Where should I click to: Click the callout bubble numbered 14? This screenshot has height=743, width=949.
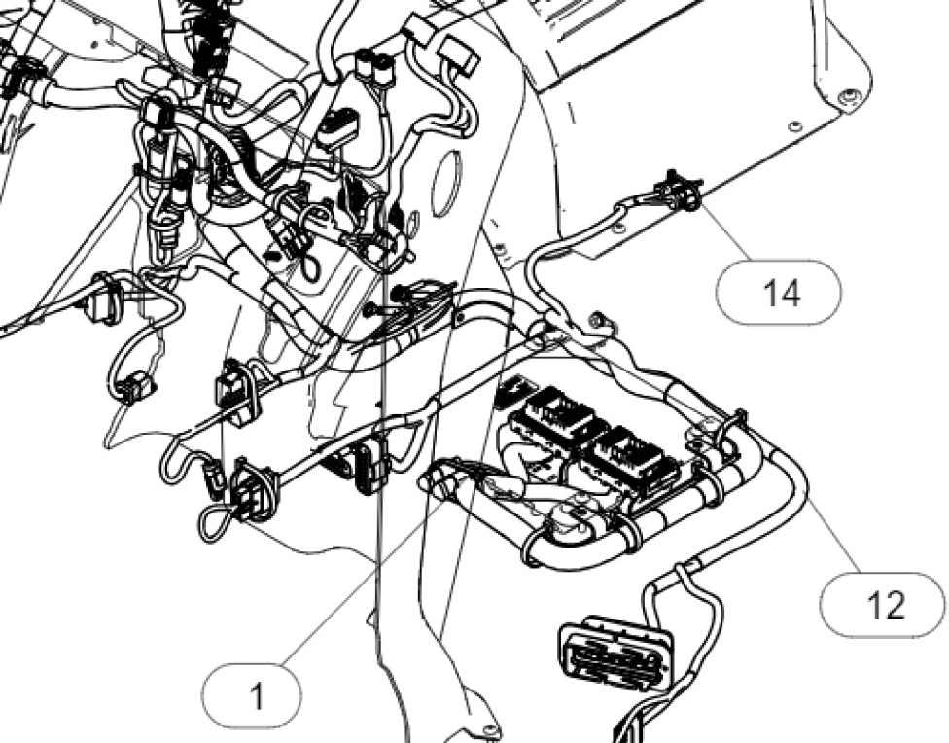coord(778,292)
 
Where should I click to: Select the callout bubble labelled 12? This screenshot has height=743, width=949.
coord(882,605)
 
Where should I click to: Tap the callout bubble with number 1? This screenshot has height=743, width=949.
coord(255,696)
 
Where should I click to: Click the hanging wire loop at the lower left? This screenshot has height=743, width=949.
coord(216,521)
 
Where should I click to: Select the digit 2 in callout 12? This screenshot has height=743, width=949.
coord(896,605)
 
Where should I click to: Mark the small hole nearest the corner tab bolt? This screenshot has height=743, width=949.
coord(795,125)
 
